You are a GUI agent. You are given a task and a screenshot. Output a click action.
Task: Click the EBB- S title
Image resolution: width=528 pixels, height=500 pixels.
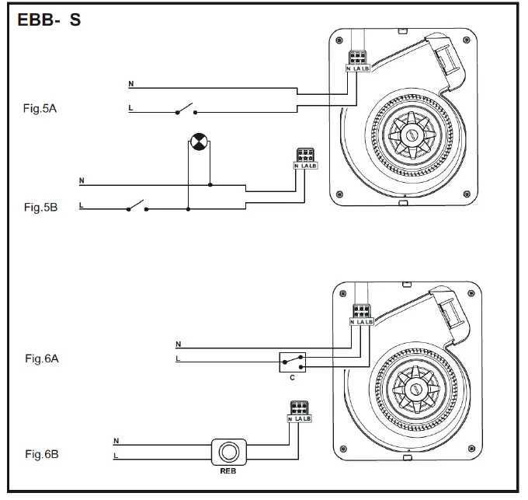pyautogui.click(x=49, y=21)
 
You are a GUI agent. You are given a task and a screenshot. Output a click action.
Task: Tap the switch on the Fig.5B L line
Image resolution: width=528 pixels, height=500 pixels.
pyautogui.click(x=135, y=207)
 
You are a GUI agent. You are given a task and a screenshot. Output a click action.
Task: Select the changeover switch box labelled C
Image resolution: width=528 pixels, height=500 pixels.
pyautogui.click(x=293, y=362)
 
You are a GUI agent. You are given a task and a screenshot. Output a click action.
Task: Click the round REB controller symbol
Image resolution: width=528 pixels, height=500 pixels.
pyautogui.click(x=229, y=452)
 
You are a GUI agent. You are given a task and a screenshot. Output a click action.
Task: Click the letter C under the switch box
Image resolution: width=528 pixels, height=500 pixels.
pyautogui.click(x=292, y=379)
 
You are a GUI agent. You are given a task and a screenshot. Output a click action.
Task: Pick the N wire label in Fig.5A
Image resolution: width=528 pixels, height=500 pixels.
pyautogui.click(x=130, y=82)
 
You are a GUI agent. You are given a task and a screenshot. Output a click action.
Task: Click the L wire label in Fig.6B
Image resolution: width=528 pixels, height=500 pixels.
pyautogui.click(x=116, y=456)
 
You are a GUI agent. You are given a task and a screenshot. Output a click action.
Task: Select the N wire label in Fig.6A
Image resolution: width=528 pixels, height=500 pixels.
pyautogui.click(x=179, y=343)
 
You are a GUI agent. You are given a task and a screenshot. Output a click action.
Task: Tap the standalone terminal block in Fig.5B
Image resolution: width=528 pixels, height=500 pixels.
pyautogui.click(x=305, y=159)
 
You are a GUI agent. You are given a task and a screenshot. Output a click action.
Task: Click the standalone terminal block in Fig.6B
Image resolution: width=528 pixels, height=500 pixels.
pyautogui.click(x=299, y=411)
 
